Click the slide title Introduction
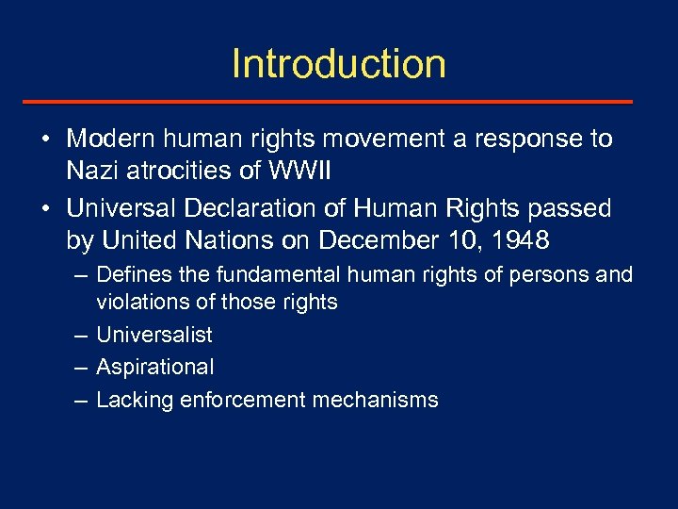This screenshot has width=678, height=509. tap(338, 64)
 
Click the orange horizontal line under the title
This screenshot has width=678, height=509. tap(339, 102)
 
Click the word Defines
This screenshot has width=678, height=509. tap(131, 275)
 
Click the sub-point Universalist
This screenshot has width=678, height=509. tap(154, 335)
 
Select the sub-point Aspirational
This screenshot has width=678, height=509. tap(155, 368)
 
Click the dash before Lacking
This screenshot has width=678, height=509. tap(81, 400)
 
